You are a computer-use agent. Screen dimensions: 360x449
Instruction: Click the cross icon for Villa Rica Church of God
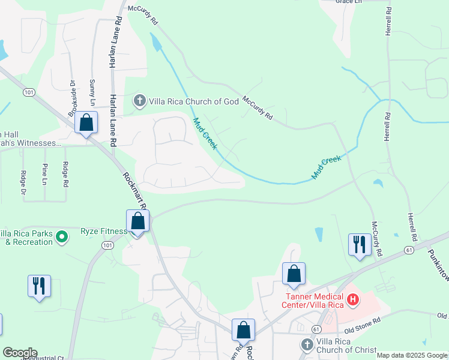[x=140, y=101]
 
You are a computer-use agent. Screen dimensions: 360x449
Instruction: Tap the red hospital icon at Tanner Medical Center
[x=354, y=298]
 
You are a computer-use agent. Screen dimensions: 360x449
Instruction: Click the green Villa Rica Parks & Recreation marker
[x=61, y=238]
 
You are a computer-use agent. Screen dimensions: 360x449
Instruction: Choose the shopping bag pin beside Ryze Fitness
[x=138, y=221]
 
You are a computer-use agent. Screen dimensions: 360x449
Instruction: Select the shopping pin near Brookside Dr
[x=86, y=123]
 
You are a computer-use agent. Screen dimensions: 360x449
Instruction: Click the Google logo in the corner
[x=19, y=353]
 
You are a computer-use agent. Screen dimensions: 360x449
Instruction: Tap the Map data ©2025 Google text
[x=411, y=355]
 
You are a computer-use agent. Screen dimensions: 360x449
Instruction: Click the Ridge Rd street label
[x=65, y=173]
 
